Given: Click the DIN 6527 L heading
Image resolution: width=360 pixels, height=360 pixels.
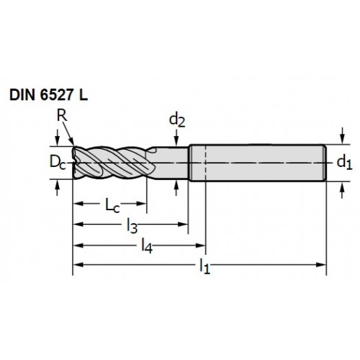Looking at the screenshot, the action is (48, 95).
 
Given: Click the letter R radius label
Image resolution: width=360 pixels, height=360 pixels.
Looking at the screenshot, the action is (62, 116).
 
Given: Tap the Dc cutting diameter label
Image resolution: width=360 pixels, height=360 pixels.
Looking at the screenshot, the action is (58, 162).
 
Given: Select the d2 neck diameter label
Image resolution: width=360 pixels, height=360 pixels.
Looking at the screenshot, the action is (177, 120).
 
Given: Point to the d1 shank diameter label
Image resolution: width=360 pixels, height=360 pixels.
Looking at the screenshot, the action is (344, 163).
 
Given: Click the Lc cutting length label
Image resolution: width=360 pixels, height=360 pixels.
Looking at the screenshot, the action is (112, 205).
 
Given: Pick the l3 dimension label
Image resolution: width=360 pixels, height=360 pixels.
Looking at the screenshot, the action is (132, 226).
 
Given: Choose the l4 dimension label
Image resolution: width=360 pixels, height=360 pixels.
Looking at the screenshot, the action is (147, 246).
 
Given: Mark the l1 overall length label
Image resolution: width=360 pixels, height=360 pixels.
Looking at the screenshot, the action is (204, 266).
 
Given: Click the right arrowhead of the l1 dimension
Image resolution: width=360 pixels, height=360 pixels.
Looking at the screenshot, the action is (322, 265).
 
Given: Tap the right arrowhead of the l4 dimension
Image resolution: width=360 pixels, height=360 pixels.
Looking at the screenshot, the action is (201, 246).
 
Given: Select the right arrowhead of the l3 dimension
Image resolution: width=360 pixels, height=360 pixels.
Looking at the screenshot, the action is (182, 225).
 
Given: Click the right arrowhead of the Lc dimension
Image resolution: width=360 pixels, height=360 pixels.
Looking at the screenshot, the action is (141, 204).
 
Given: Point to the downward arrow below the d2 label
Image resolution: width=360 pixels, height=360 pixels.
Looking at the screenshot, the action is (176, 138).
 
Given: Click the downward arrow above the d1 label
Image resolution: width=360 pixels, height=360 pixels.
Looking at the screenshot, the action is (343, 135).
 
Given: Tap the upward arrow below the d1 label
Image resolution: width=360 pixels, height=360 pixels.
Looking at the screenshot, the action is (343, 190).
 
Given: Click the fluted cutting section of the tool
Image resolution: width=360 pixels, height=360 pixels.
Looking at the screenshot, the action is (114, 163).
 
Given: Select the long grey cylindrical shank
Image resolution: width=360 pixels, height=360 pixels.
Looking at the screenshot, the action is (257, 163).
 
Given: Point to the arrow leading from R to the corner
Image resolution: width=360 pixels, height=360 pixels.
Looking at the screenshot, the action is (68, 132).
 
